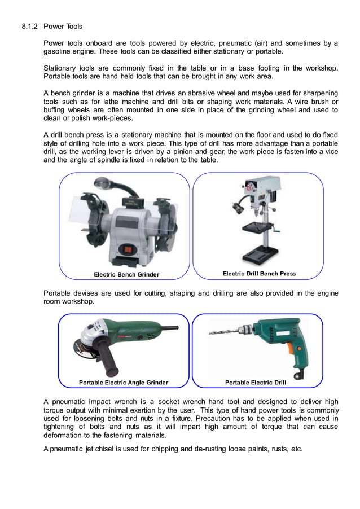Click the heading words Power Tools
point(63,26)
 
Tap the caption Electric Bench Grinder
point(126,275)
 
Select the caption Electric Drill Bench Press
point(259,274)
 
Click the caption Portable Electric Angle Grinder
point(123,383)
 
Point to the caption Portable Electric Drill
point(256,383)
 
